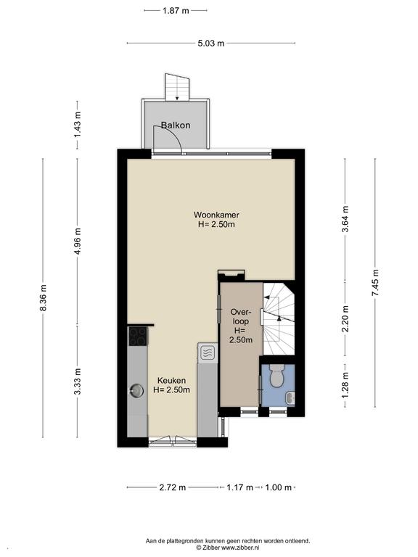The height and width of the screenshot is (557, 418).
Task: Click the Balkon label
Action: coord(176,125)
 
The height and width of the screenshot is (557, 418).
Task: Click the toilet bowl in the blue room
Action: coord(276,376)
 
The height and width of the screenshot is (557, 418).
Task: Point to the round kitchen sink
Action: coord(136,390)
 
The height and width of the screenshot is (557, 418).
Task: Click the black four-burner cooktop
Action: coord(138,337)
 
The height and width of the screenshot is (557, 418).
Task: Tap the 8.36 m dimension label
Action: coord(43,297)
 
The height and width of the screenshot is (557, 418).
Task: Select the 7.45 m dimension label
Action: coord(375,283)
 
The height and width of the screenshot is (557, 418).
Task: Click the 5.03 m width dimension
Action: coord(211,44)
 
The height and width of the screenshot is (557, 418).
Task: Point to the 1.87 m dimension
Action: coord(176,11)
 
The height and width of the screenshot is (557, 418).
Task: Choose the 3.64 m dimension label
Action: coord(345,219)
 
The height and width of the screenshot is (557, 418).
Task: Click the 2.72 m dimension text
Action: coord(173,487)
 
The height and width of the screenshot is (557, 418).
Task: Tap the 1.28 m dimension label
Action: coord(345,385)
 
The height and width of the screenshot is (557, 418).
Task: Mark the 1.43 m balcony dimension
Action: coord(78,125)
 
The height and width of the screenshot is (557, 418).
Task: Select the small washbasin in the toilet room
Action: coord(291,398)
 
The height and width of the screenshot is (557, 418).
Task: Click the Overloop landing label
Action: coord(241,326)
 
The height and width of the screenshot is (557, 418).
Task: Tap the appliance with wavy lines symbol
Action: coord(208,352)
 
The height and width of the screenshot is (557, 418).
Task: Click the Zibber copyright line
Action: coord(227,548)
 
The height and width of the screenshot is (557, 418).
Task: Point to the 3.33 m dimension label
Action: coord(78,381)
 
